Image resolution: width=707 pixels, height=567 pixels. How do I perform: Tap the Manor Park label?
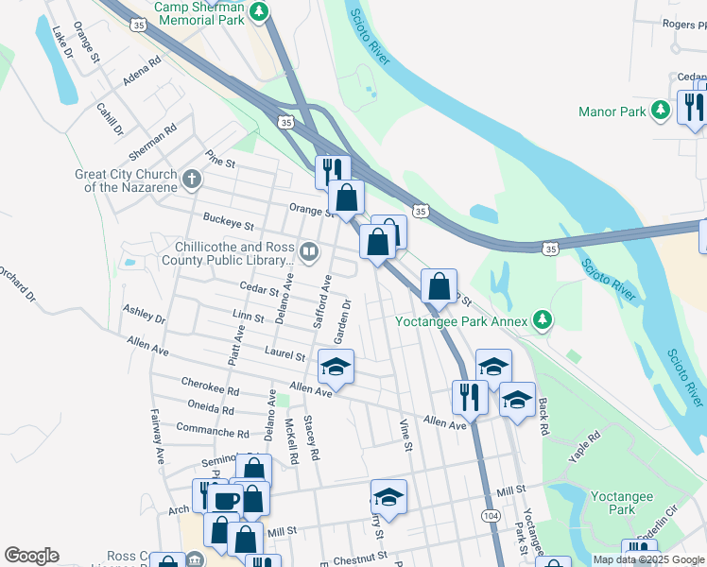pos(612,112)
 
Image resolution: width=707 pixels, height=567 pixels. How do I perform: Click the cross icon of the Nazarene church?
pos(191,178)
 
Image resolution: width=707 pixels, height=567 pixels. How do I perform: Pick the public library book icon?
pos(309,252)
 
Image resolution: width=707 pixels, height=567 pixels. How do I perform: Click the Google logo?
pos(31,556)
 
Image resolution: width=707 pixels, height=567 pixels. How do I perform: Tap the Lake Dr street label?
pos(62,43)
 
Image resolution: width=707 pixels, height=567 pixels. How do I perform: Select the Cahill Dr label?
pos(109,118)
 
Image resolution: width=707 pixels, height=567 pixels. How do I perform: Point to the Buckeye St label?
pos(229,225)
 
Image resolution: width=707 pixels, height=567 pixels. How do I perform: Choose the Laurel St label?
pos(285,356)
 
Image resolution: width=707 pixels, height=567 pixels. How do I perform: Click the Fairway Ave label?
pos(155,436)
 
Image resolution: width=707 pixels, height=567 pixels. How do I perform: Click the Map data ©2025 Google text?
pos(648,559)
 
